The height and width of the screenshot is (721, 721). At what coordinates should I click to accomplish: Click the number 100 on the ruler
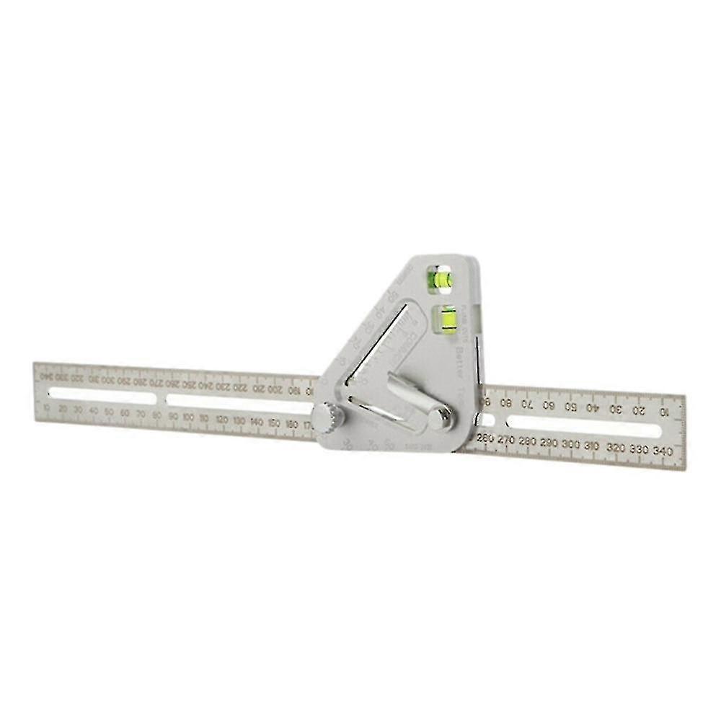point(188,417)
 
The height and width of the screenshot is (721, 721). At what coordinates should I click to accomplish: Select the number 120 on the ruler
point(221,420)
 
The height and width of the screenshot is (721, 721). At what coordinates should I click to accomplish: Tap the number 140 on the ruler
point(257,422)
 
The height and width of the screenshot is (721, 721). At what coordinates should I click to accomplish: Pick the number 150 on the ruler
point(274,423)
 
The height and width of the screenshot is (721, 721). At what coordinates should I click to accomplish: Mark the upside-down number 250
point(188,384)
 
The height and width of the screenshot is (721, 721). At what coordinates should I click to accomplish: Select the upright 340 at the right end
point(663,451)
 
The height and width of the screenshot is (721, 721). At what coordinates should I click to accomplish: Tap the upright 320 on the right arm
point(615,448)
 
